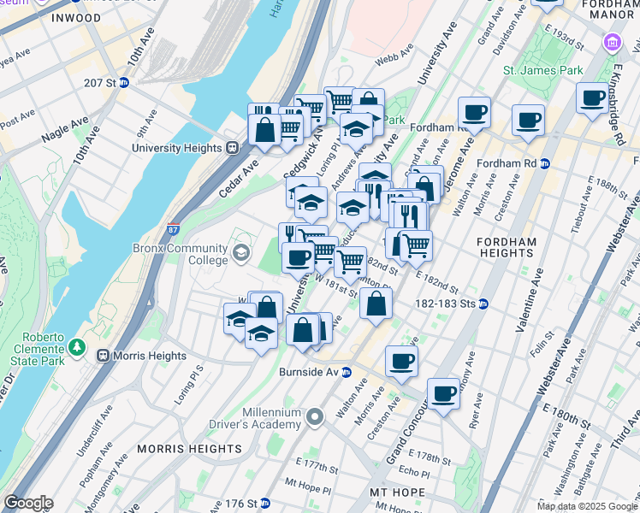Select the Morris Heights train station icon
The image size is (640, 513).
click(103, 356)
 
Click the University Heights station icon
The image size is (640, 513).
click(231, 148)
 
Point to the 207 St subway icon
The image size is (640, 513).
click(124, 83)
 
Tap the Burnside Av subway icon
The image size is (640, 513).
click(347, 372)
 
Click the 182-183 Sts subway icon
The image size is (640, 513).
click(483, 304)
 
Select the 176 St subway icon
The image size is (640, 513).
click(265, 502)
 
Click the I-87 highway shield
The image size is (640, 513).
click(173, 229)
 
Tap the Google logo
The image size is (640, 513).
click(28, 503)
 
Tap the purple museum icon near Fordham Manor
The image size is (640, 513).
click(612, 42)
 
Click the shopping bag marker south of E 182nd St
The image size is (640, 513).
click(376, 303)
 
